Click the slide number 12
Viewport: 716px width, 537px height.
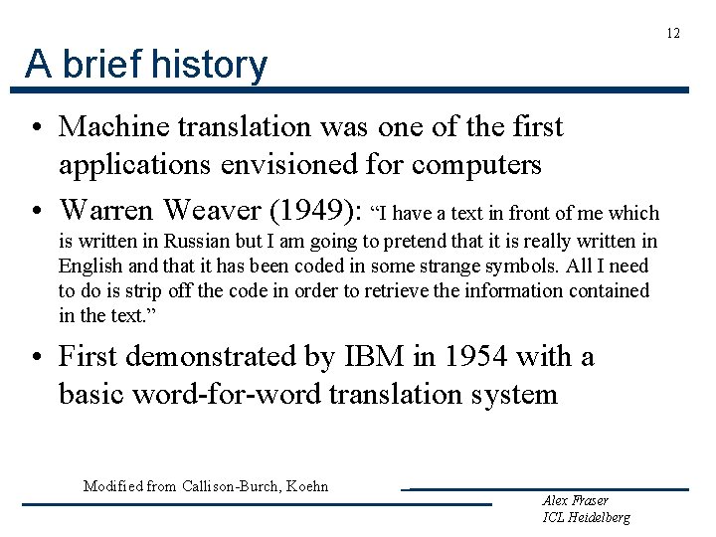coord(673,34)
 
